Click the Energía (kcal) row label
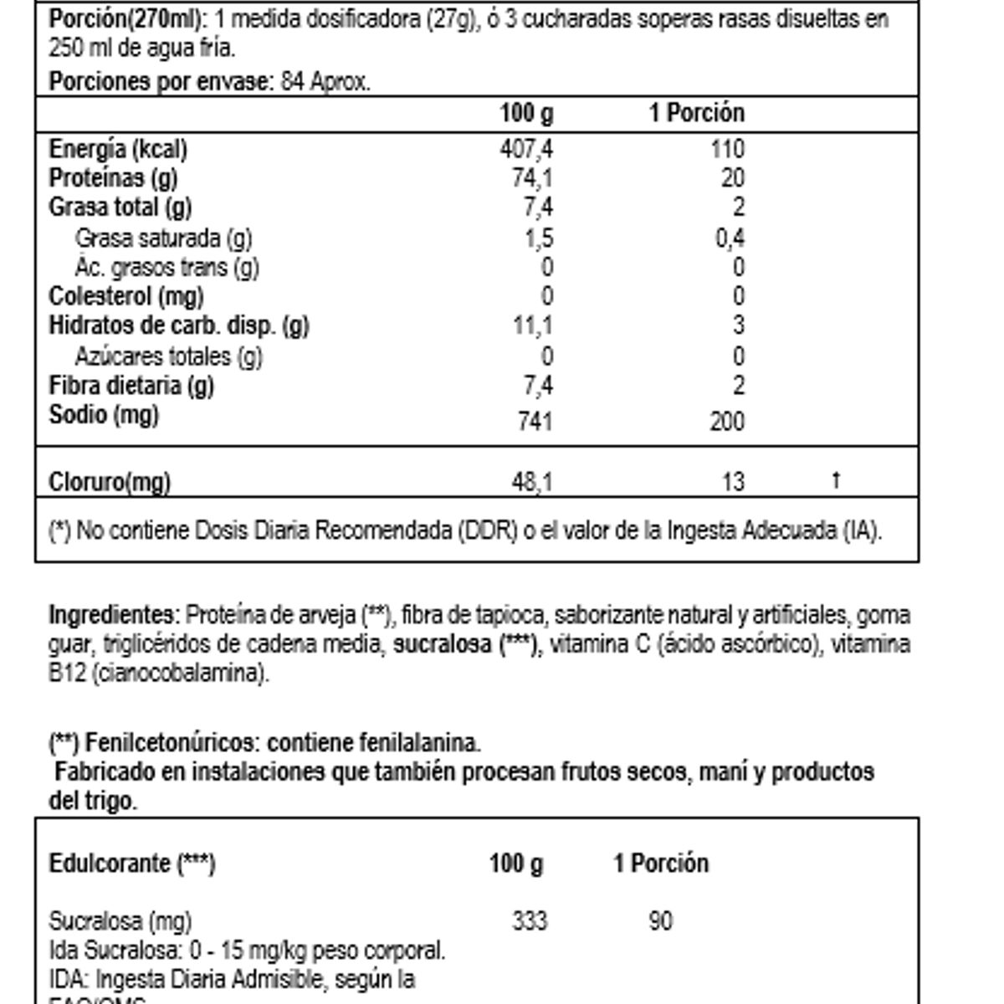coord(118,149)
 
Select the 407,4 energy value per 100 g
coord(526,149)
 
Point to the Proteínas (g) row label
coord(113,178)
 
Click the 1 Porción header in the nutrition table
coord(697,113)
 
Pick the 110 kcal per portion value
coord(727,149)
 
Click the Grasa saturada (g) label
coord(163,238)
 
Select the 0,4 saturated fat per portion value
coord(730,238)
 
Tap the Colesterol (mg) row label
coord(126,296)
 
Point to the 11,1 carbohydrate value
coord(533,325)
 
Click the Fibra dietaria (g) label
coord(131,386)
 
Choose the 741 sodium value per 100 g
coord(535,420)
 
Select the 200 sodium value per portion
coord(726,420)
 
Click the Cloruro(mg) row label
coord(110,482)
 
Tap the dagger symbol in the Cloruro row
coord(836,480)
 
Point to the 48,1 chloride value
coord(532,482)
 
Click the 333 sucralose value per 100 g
coord(530,921)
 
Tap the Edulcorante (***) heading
coord(132,863)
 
